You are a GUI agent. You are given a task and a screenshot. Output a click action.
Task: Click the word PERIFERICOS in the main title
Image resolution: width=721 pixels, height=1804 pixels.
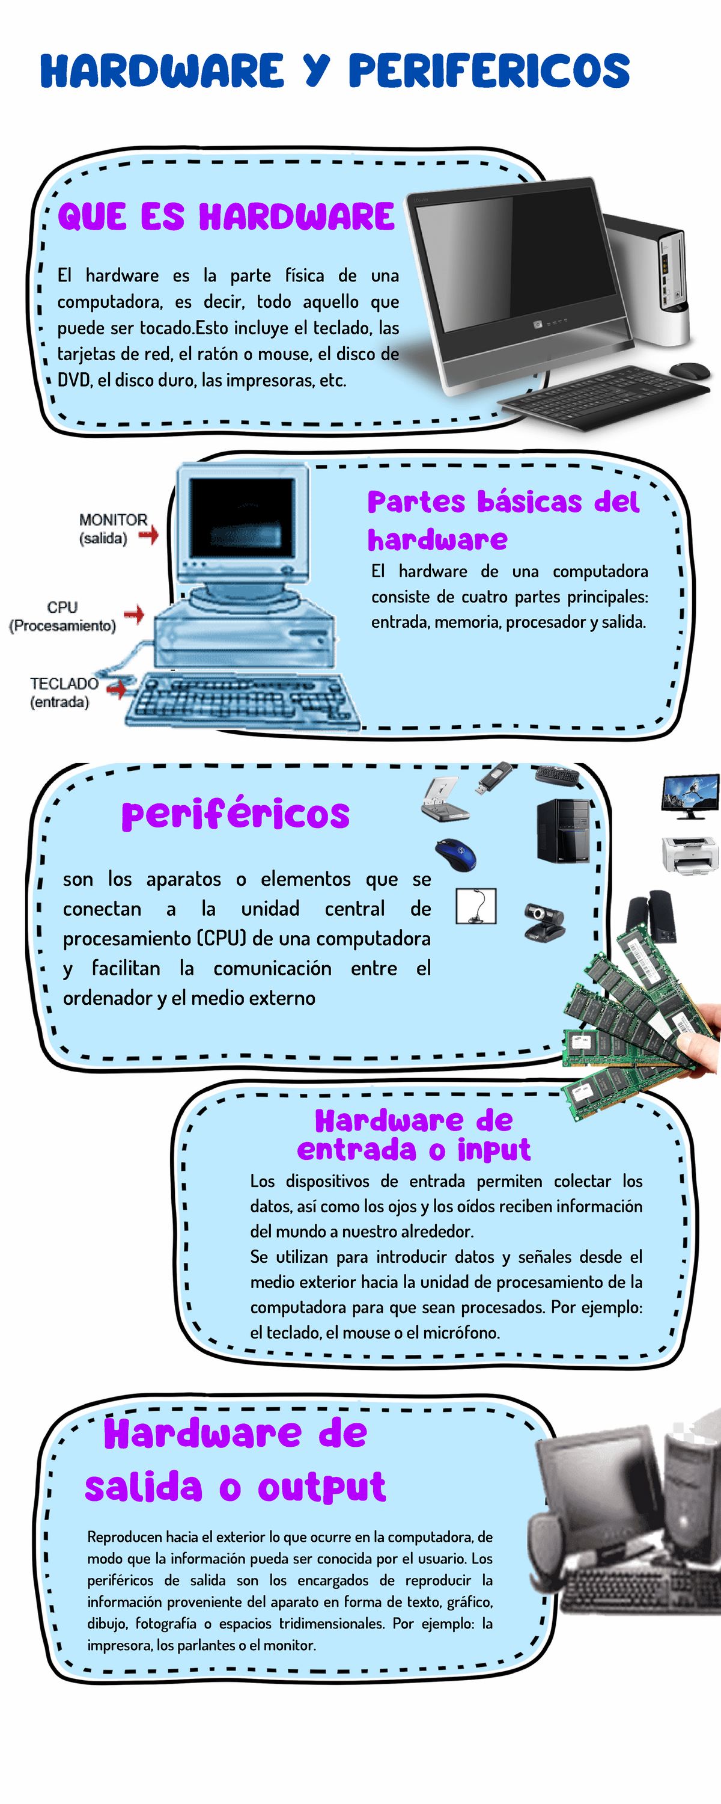tap(489, 71)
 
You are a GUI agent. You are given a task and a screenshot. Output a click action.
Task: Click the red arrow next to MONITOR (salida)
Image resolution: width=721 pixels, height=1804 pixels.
tap(148, 535)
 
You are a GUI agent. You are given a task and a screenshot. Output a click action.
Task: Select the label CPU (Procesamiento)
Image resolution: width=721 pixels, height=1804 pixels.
tap(62, 616)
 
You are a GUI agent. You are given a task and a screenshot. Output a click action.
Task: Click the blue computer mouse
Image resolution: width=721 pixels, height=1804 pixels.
tap(455, 854)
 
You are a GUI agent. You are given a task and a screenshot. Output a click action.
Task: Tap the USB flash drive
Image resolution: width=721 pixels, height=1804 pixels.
tap(495, 778)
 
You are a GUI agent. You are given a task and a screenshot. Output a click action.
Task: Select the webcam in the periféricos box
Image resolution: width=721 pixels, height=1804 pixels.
tap(544, 922)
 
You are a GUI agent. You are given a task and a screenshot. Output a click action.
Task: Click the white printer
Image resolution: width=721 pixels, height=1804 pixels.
tap(690, 854)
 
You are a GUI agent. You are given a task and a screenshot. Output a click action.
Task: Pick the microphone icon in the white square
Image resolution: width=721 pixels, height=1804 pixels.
tap(476, 906)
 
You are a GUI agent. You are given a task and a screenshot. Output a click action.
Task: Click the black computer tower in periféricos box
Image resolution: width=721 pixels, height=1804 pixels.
tap(563, 830)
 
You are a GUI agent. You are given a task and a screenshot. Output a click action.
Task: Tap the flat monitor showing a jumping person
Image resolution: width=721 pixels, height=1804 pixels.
tap(690, 796)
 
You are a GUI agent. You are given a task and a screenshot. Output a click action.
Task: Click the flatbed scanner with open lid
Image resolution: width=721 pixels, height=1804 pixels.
tap(445, 799)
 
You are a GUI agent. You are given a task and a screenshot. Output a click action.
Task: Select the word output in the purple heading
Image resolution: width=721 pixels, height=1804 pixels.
tap(322, 1488)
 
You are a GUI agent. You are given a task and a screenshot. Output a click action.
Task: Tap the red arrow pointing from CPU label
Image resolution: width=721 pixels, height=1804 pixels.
tap(134, 615)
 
